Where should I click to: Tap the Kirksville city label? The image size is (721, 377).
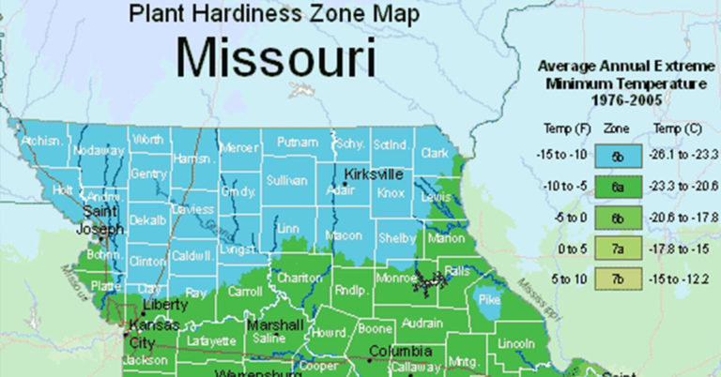pos(376,174)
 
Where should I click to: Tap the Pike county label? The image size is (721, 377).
pos(488,301)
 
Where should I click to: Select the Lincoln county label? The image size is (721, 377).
pos(515,344)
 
